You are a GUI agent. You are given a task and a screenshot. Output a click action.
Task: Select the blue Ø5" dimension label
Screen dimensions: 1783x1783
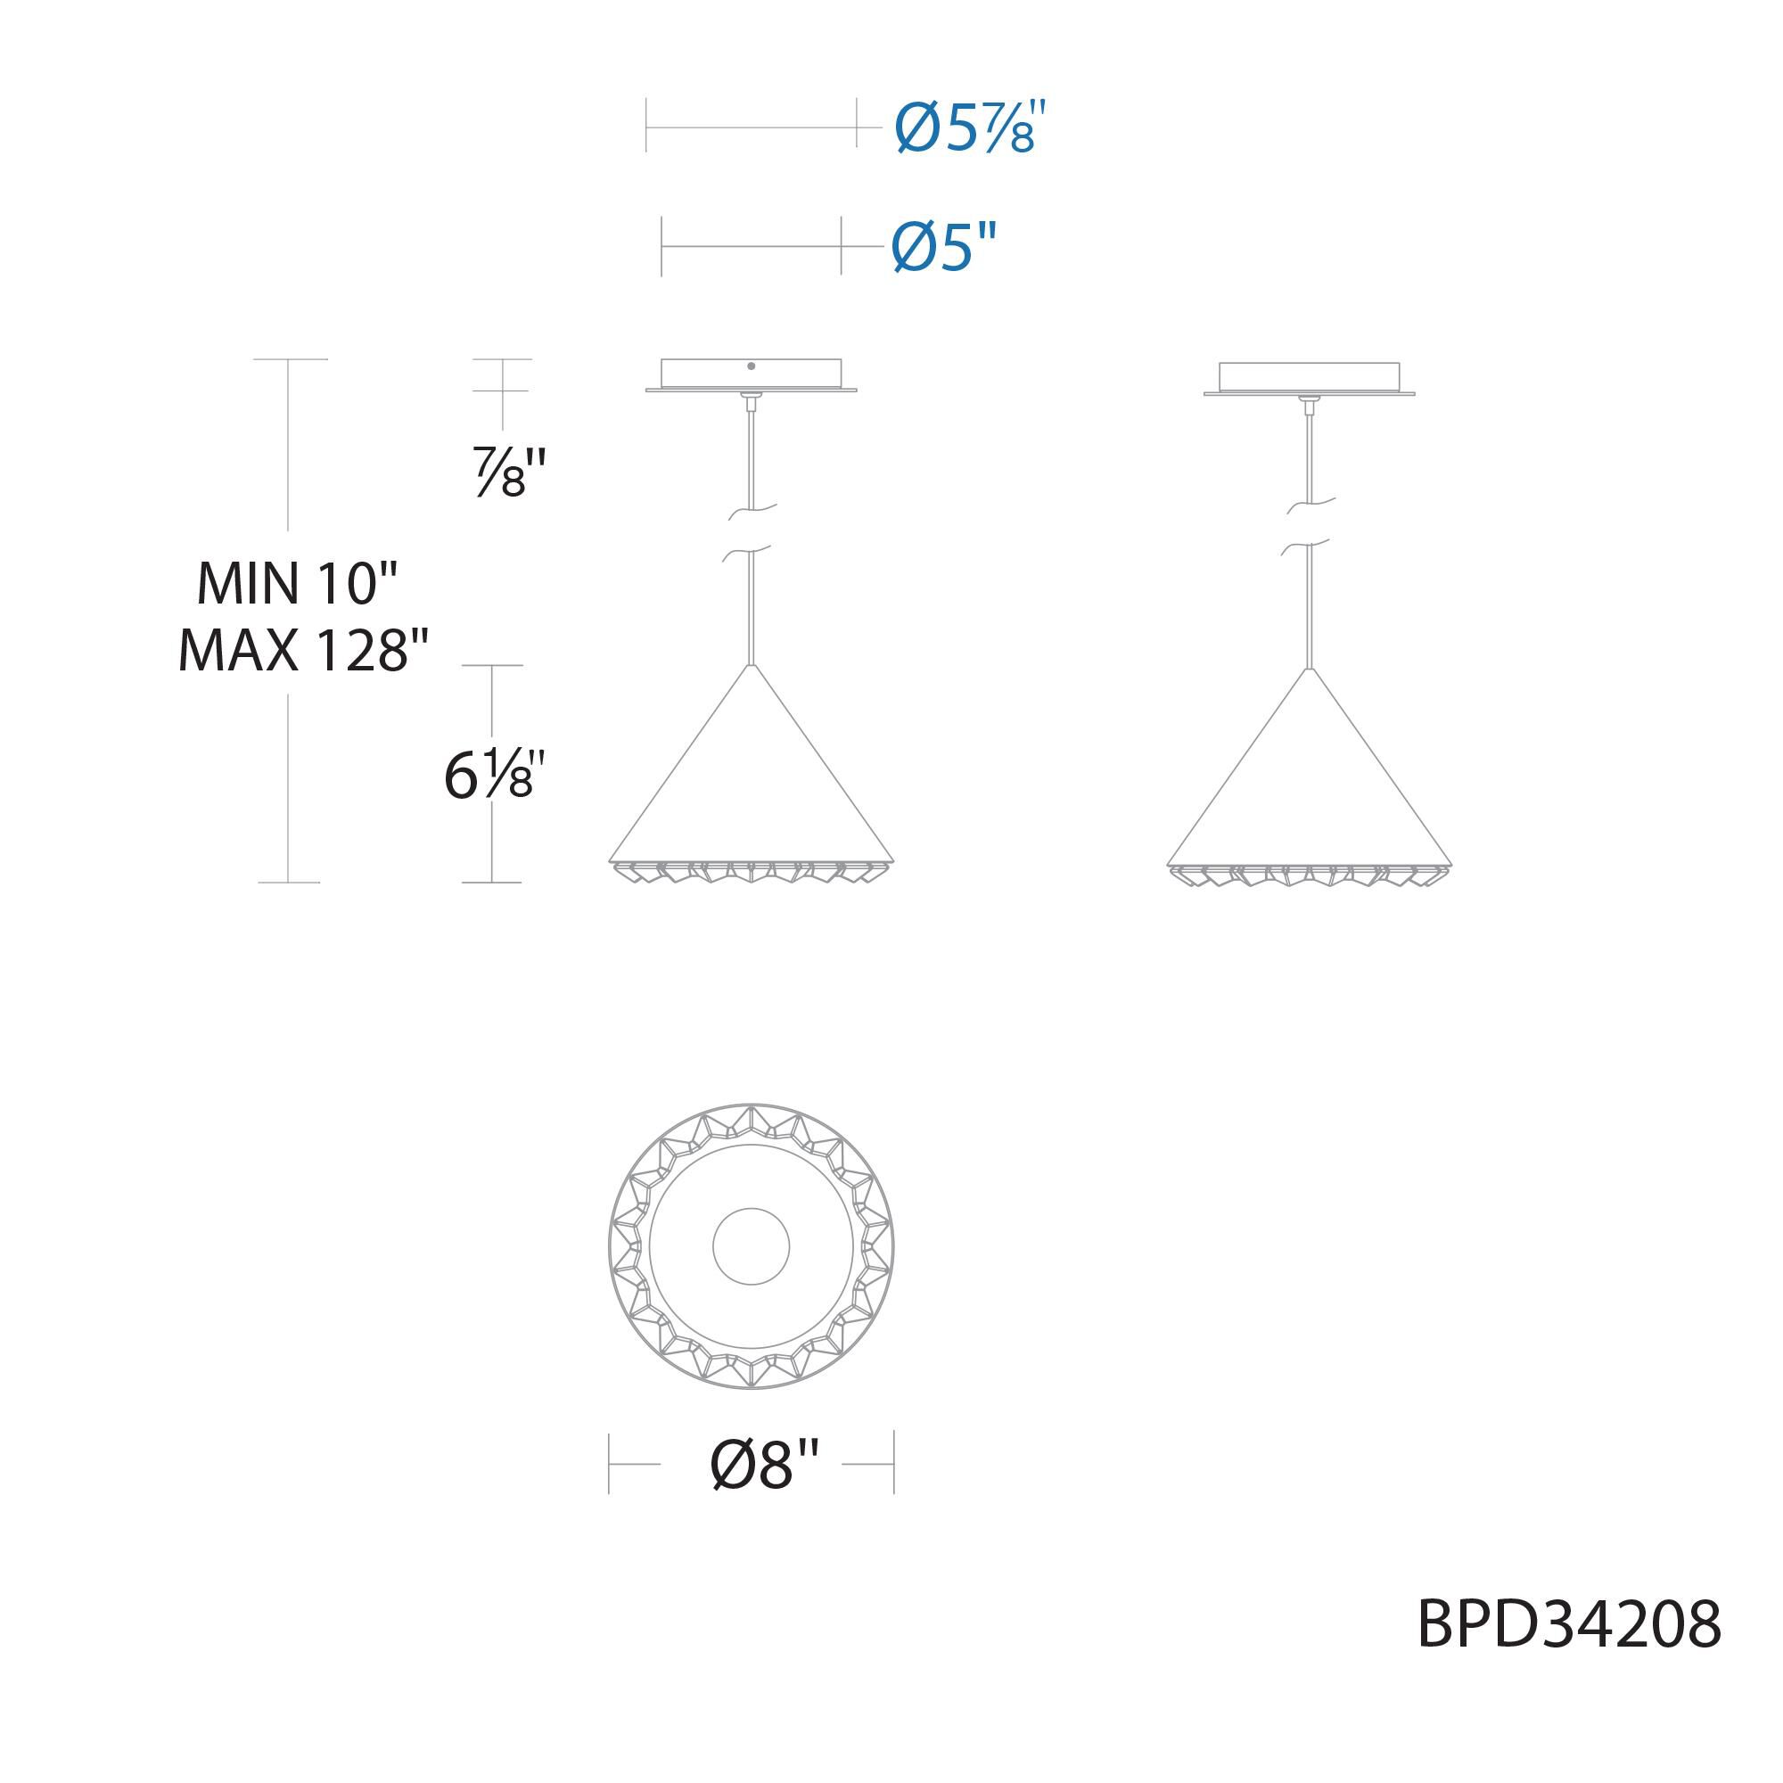[x=945, y=246]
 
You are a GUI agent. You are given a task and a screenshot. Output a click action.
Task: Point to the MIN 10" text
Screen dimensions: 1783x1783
[x=296, y=583]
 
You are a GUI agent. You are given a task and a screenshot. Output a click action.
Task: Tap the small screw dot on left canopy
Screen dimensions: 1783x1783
[x=752, y=366]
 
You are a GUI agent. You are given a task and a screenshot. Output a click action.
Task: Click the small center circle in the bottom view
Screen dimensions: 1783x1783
[x=752, y=1246]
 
